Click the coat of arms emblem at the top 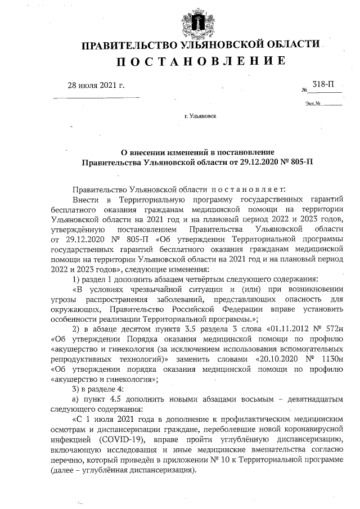pos(198,20)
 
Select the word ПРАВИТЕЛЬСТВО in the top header pos(130,45)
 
